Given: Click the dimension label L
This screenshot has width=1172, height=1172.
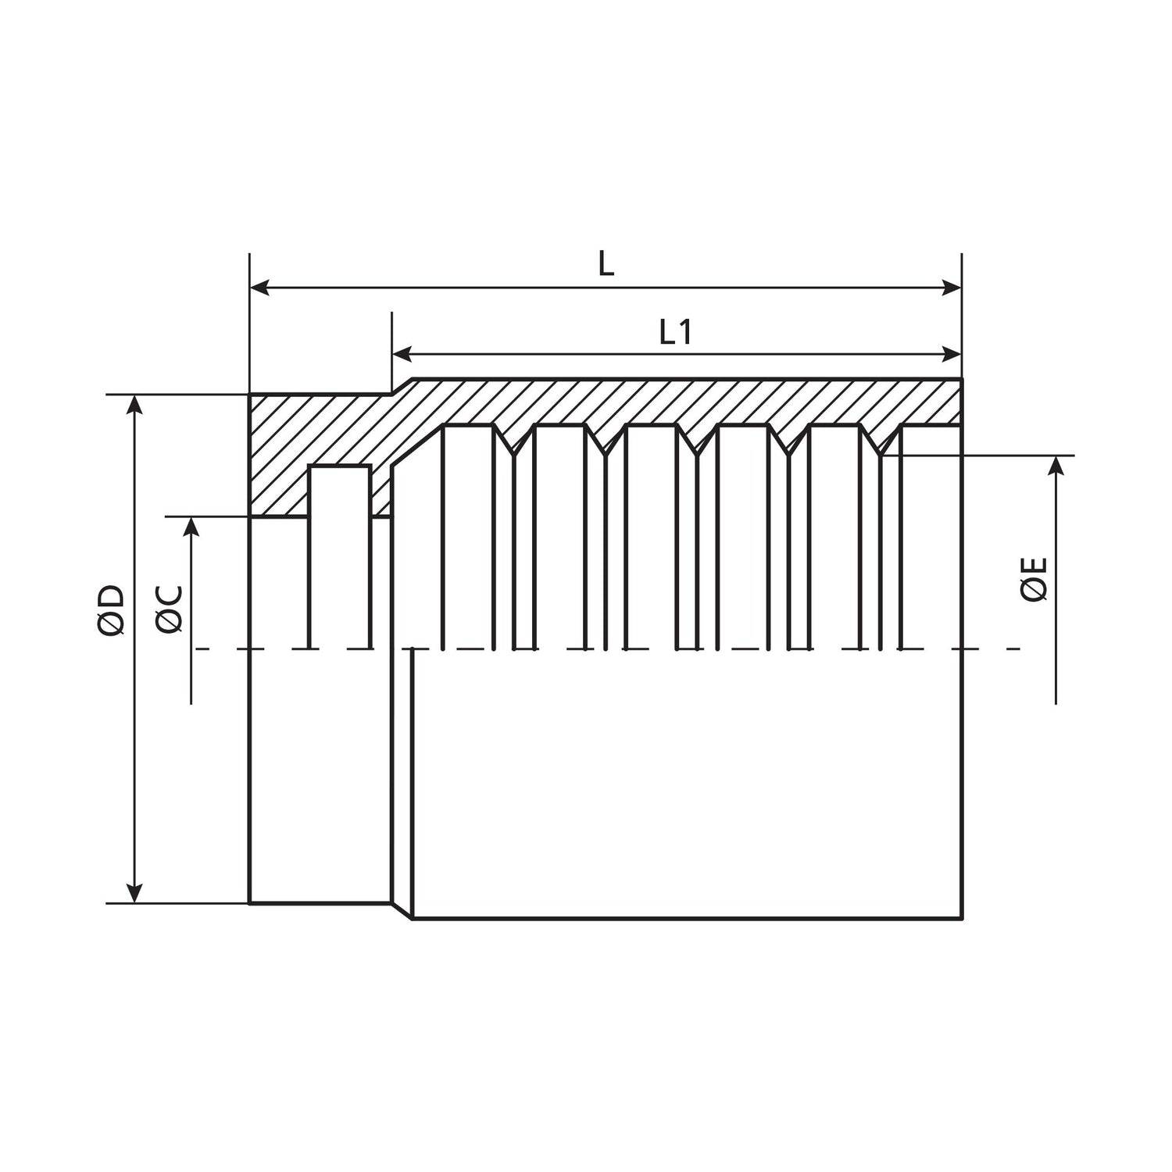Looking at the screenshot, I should coord(606,265).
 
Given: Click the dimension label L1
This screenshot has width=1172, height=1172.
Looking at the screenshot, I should coord(675,334).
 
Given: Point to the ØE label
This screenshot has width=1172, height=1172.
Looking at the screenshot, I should coord(1034,579).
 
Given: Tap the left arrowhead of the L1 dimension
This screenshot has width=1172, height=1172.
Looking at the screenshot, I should coord(402,355).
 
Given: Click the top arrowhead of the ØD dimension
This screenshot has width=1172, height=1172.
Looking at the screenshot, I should coord(136,405).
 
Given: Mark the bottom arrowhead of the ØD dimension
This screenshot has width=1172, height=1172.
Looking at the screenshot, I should coord(136,892).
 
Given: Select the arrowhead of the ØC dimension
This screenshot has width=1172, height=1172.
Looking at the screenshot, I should coord(191,527).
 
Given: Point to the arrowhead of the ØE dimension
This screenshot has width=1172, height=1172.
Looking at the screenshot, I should coord(1056,466).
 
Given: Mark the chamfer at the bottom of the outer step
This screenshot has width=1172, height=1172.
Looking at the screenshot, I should coord(402,911).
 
